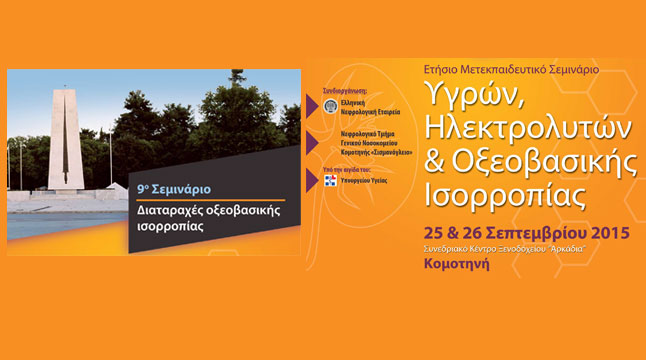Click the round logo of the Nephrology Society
coord(331,107)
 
